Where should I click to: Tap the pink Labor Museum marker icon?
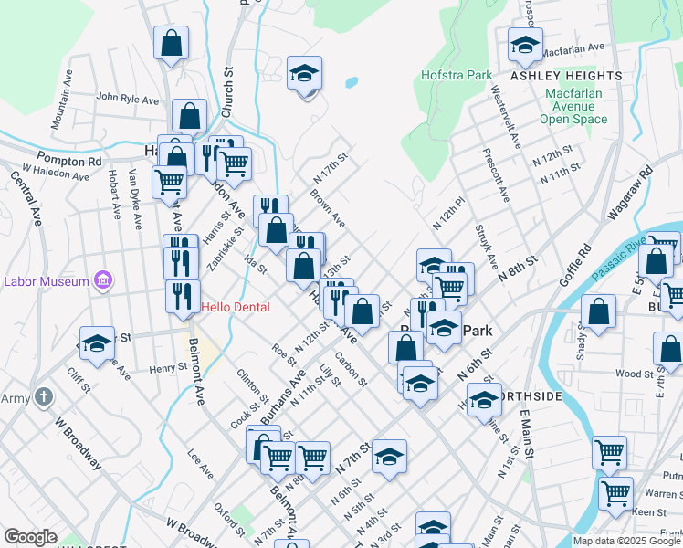tap(103, 279)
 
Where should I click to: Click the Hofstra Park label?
tap(457, 76)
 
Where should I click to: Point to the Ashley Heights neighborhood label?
tap(566, 76)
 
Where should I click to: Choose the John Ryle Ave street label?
tap(127, 99)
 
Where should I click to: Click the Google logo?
tap(31, 537)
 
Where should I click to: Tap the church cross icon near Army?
tap(42, 396)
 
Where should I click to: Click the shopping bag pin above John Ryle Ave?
tap(171, 42)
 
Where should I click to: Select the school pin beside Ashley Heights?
tap(524, 44)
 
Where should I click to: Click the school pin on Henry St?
tap(97, 343)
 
